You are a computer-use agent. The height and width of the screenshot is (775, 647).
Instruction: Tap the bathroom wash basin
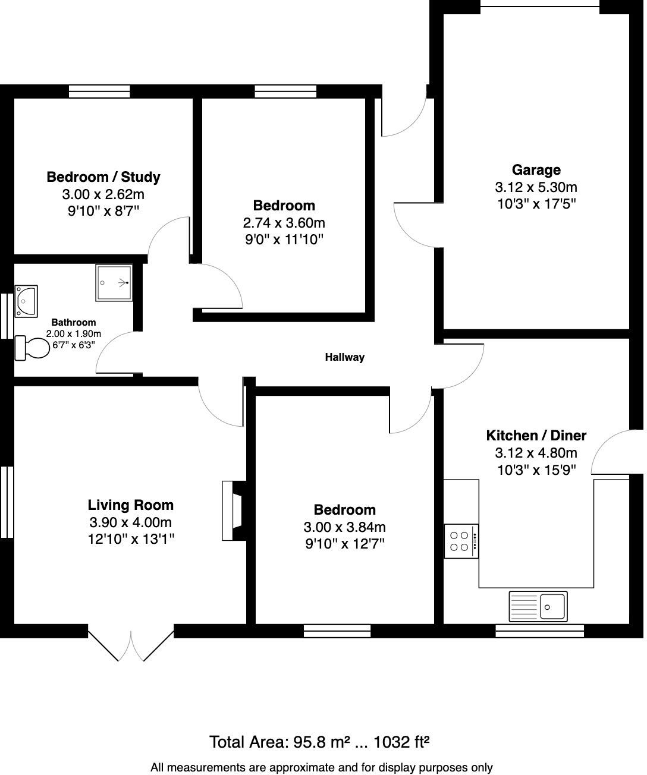tap(26, 300)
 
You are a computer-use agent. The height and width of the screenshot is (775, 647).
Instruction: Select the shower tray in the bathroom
tap(113, 283)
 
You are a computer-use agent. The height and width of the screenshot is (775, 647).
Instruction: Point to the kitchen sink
tap(538, 606)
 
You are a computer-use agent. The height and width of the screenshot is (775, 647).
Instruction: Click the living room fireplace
tap(231, 511)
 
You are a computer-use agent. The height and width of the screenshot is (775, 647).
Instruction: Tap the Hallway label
tap(344, 357)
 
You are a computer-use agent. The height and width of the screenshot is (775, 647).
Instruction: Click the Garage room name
tap(536, 170)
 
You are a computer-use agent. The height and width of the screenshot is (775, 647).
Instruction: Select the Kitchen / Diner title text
tap(536, 435)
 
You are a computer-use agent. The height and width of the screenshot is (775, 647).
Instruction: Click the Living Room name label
tap(130, 505)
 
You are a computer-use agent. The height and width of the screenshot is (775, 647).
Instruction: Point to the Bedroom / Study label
tap(103, 177)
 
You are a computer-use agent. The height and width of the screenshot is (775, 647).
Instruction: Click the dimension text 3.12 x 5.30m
tap(536, 187)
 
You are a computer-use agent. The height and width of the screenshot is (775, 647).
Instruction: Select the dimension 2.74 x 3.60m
tap(284, 223)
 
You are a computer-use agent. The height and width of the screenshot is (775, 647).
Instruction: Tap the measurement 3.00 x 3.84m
tap(344, 527)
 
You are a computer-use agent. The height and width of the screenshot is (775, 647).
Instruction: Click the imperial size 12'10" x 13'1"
tap(130, 540)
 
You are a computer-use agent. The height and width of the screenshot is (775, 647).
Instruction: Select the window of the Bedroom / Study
tap(99, 91)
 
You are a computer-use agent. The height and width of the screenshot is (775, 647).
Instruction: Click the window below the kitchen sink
tap(539, 631)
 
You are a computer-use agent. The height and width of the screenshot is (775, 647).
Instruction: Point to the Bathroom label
tap(73, 322)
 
